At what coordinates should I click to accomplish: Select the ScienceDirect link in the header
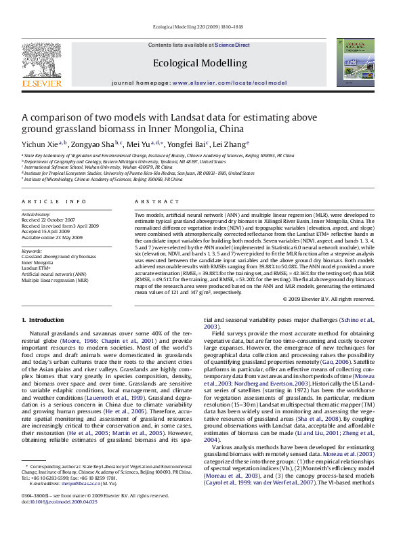click(x=232, y=45)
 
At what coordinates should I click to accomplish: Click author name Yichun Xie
click(x=39, y=144)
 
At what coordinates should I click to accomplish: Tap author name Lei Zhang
click(x=229, y=144)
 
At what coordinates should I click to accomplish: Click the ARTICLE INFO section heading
click(x=54, y=202)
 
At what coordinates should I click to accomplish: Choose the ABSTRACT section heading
click(x=156, y=202)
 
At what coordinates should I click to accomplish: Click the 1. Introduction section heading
click(x=43, y=320)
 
